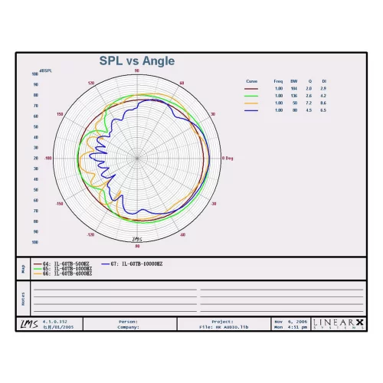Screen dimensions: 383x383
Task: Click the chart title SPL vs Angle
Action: tap(137, 61)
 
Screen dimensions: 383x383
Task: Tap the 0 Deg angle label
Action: tap(228, 159)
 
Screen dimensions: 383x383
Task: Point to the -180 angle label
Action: tap(48, 159)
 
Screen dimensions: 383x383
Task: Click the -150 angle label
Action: tap(59, 205)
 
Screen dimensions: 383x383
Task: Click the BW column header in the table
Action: tap(293, 80)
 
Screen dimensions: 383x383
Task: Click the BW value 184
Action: tap(293, 89)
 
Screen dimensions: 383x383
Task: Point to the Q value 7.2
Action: tap(309, 103)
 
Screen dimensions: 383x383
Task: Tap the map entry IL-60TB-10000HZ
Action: tap(137, 264)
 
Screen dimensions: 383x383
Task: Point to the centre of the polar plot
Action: tap(137, 159)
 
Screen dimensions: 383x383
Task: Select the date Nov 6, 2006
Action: tap(291, 322)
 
